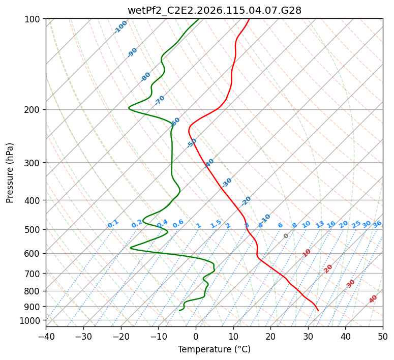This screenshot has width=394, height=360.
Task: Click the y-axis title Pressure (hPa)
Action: [x=10, y=173]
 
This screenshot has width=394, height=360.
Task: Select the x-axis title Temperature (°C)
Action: [x=214, y=349]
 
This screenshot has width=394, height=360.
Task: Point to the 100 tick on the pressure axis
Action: [x=34, y=19]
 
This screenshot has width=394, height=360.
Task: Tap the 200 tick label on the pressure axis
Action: [x=34, y=109]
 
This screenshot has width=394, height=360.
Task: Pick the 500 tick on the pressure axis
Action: [x=34, y=229]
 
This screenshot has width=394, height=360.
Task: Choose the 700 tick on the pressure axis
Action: [x=34, y=274]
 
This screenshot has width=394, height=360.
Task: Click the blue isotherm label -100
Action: [x=120, y=27]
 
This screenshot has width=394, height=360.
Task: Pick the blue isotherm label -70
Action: [x=160, y=100]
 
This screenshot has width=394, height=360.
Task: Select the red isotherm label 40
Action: [x=373, y=299]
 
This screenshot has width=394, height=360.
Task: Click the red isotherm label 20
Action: [x=328, y=268]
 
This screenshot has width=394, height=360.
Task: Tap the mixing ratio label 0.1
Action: [x=113, y=224]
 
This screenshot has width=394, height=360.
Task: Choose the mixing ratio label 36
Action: [x=377, y=224]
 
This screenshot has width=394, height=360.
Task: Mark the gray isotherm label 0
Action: [x=286, y=236]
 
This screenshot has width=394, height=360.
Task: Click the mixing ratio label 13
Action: [x=320, y=224]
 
